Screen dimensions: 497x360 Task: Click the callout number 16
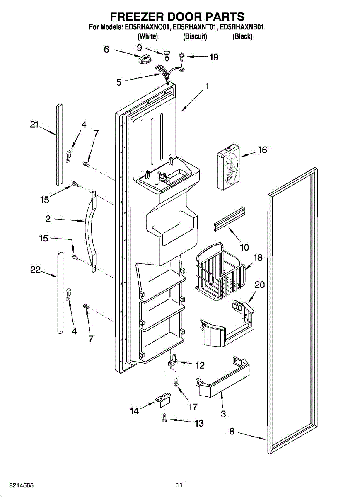click(263, 150)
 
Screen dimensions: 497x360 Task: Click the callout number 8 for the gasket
click(232, 432)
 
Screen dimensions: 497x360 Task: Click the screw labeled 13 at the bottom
click(165, 419)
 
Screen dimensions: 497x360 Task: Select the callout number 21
click(34, 124)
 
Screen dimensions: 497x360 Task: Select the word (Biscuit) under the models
click(195, 37)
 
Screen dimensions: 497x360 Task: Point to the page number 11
click(179, 485)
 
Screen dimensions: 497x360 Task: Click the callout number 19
click(214, 58)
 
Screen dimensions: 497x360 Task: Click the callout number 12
click(200, 365)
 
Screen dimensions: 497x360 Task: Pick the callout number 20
click(260, 285)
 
